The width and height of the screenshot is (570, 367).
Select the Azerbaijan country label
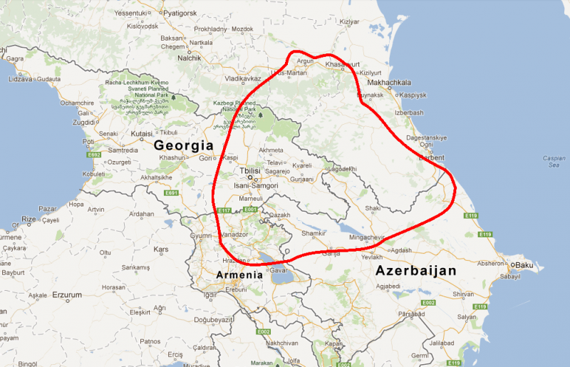click(415, 271)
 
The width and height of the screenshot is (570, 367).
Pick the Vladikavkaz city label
click(243, 78)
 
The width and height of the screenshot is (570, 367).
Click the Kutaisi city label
click(141, 133)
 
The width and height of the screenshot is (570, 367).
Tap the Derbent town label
click(432, 157)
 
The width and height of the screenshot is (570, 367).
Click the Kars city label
click(161, 249)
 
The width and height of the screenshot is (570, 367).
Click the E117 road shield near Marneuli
click(224, 210)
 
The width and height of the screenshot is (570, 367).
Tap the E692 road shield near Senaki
click(93, 153)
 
